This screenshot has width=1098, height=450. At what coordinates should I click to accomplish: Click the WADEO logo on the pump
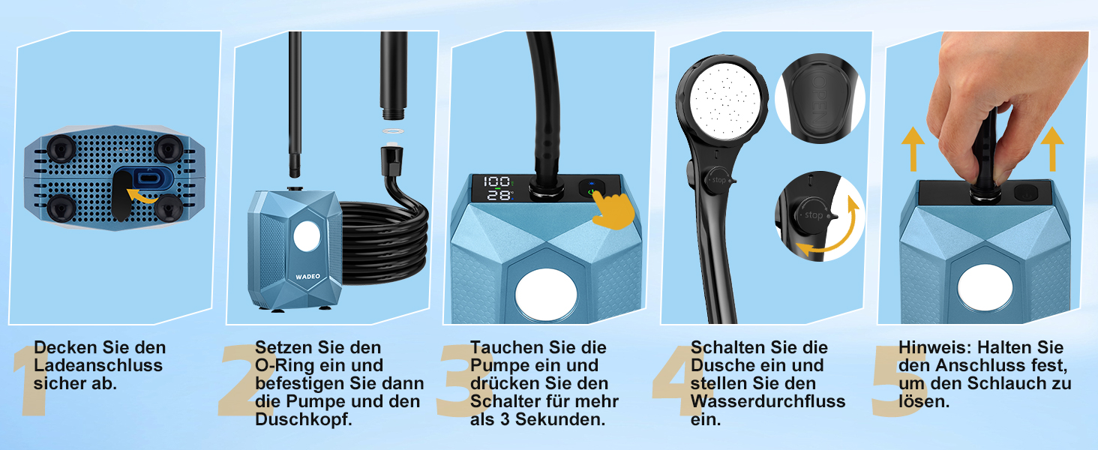307,277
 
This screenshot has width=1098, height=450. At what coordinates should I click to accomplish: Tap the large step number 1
31,381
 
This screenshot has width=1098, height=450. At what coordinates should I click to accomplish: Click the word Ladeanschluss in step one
98,366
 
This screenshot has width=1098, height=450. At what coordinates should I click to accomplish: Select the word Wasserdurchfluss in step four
768,401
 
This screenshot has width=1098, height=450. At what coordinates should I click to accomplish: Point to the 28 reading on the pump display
497,195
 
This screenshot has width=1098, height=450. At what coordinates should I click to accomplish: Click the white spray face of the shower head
725,100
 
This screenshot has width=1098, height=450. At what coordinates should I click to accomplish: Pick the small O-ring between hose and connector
393,131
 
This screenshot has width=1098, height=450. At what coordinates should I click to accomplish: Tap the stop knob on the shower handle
718,181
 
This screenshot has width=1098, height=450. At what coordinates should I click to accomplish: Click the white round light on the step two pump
307,236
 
